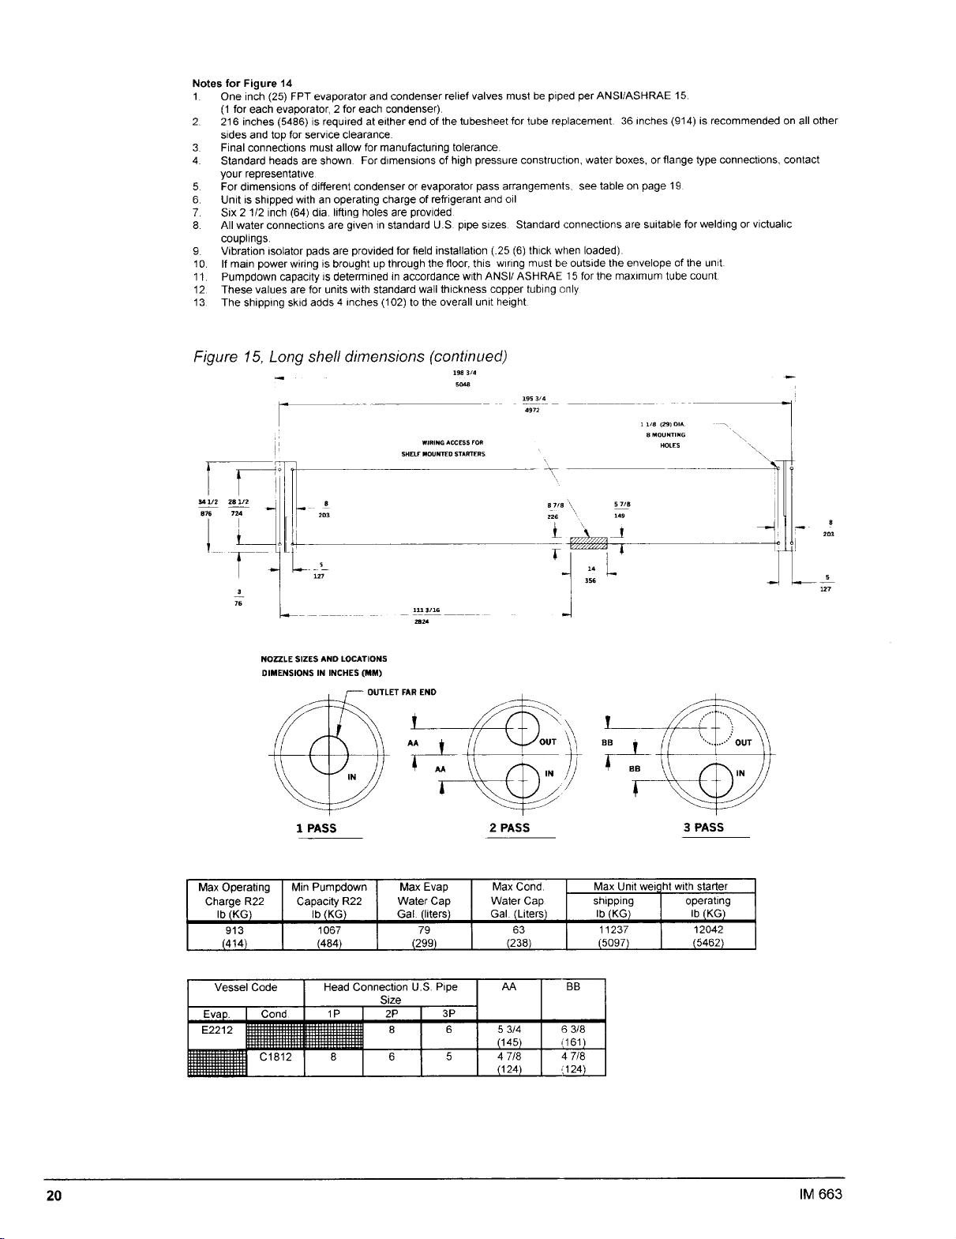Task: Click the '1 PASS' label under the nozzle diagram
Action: [316, 828]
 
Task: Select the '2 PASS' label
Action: [509, 828]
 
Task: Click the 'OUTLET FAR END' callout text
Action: [402, 693]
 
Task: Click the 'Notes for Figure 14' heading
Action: [242, 83]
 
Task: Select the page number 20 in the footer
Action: [54, 1195]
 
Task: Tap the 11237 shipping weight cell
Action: [613, 929]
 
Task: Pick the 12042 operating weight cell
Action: [707, 929]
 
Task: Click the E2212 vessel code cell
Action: [217, 1030]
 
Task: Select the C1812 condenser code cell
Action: [276, 1057]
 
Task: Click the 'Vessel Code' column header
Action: [246, 987]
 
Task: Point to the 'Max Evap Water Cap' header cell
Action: [424, 900]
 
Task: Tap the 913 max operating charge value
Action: [234, 929]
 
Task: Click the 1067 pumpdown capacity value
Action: [329, 929]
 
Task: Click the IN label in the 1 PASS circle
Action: [352, 777]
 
